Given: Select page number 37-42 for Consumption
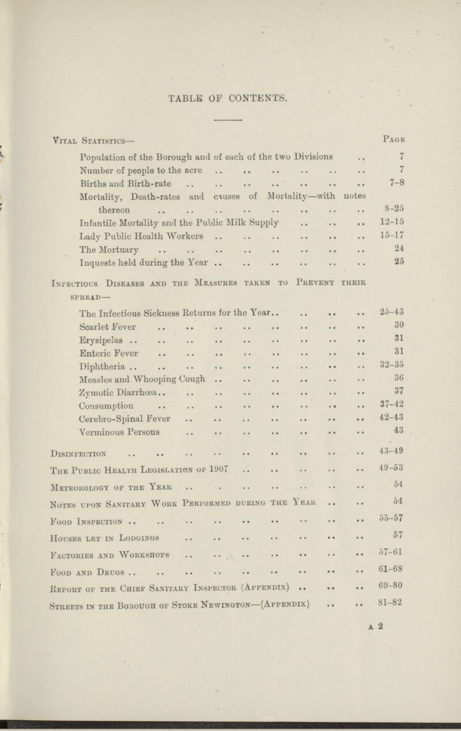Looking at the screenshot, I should point(394,404).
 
